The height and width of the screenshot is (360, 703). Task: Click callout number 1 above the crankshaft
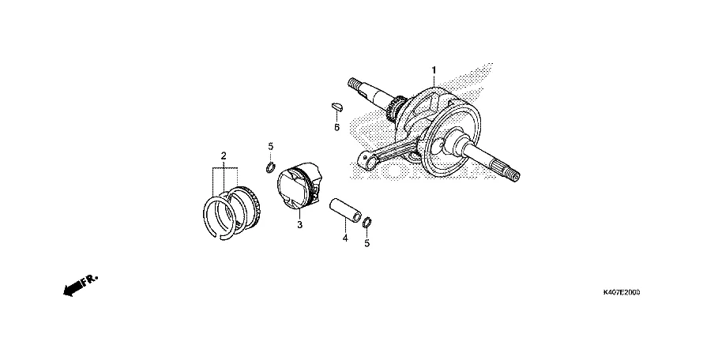[434, 71]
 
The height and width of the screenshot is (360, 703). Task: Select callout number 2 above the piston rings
[224, 155]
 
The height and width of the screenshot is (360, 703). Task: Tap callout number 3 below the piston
[299, 225]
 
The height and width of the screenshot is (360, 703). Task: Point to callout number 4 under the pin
[344, 237]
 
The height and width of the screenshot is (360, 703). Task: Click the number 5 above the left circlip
[270, 147]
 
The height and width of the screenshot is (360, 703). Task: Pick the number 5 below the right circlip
[367, 244]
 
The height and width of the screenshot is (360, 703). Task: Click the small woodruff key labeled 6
[335, 103]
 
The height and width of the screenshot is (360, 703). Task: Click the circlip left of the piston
[270, 166]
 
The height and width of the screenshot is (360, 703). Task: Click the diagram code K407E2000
[621, 292]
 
